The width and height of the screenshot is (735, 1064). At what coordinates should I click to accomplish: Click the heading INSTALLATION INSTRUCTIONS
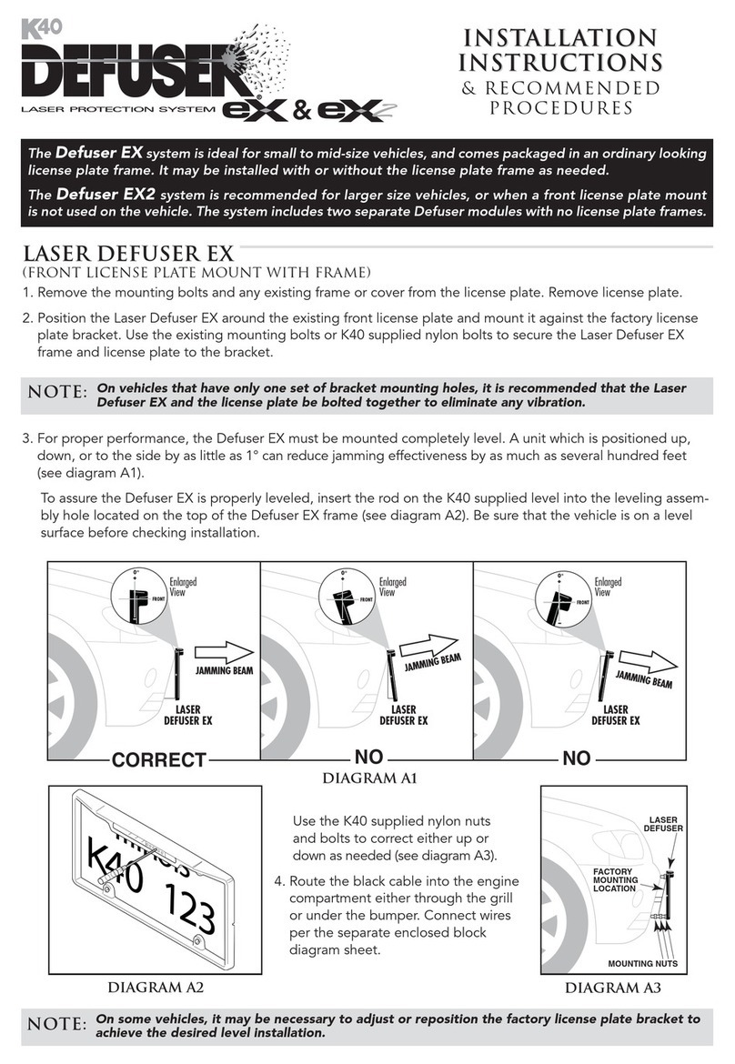(x=559, y=50)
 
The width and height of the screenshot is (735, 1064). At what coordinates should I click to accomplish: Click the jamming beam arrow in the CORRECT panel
(x=224, y=652)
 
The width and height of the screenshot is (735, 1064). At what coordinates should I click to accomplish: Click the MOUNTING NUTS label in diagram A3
(x=641, y=961)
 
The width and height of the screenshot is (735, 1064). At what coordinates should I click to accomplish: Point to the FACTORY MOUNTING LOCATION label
(x=614, y=880)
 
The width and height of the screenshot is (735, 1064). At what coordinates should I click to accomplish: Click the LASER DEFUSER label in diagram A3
(x=661, y=823)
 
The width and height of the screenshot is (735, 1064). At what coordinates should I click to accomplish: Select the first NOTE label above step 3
(x=56, y=393)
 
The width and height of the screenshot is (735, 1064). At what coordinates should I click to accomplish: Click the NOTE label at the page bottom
(x=56, y=1024)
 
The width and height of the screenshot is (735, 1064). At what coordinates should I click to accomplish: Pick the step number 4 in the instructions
(x=280, y=880)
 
